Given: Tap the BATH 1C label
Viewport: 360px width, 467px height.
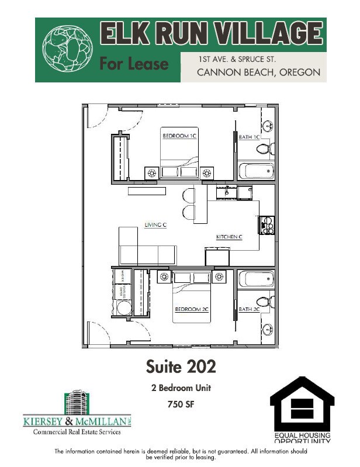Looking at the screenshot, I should point(248,137).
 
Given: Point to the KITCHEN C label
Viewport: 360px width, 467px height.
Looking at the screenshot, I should point(229,237).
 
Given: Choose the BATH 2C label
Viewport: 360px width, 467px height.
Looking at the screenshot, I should point(248,309).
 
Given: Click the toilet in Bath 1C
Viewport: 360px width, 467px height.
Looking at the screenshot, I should point(265,148).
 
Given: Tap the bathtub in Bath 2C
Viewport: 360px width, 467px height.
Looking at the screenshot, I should point(256,279).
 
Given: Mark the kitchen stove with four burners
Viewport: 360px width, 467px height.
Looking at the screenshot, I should point(266,224).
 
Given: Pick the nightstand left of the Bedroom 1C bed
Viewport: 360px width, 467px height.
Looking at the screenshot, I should point(152,173).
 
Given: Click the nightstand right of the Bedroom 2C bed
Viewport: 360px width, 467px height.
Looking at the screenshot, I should point(220,276).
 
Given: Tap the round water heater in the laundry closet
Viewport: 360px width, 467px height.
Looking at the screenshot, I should point(124,307).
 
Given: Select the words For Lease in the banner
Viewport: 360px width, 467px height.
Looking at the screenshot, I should point(134,63).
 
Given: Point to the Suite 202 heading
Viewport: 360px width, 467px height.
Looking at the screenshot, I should point(180,366).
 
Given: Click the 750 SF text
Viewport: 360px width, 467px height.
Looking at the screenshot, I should point(180,403).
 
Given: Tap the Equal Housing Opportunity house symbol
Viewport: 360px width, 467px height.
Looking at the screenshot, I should point(302,403).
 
